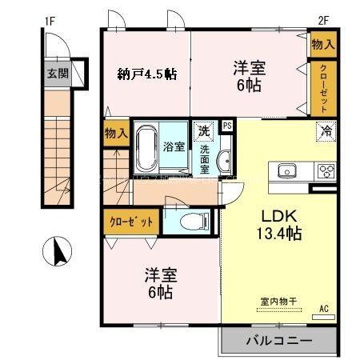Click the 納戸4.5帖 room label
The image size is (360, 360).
coord(146,74)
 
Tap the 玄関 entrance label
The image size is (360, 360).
coord(56,74)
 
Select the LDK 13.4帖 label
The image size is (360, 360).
coord(278,225)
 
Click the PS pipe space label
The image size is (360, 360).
coord(226,126)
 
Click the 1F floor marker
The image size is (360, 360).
coord(49,21)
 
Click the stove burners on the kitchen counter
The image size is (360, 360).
coord(326,170)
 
